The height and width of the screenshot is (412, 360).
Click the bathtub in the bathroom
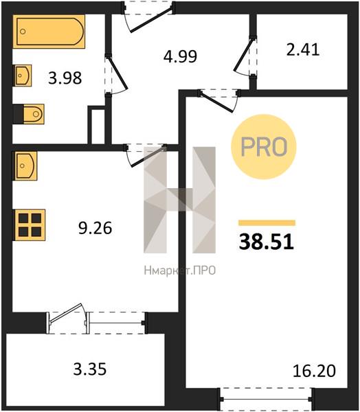(49, 32)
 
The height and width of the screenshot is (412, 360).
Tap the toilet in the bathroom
(29, 114)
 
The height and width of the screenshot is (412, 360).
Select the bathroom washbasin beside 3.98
(23, 76)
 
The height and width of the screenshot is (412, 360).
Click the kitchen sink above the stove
(25, 165)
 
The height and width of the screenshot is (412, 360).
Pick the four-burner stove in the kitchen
(29, 225)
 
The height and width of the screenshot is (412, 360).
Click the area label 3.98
(65, 78)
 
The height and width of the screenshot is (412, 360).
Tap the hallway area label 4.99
(180, 56)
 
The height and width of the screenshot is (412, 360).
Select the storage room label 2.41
(303, 49)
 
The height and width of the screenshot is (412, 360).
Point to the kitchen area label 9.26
(95, 227)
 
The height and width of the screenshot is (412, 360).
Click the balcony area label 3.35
(90, 369)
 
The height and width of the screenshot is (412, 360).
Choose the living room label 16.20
(314, 371)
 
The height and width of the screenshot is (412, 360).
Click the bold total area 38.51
(267, 242)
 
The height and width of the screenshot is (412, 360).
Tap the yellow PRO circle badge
(264, 147)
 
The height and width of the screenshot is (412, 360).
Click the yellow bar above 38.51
(267, 223)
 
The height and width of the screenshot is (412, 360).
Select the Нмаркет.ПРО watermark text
(180, 271)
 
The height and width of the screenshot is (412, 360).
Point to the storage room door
(245, 56)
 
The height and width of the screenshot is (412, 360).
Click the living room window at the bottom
(267, 399)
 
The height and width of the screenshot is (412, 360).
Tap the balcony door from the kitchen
(68, 319)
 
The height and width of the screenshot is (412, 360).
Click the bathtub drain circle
(23, 32)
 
